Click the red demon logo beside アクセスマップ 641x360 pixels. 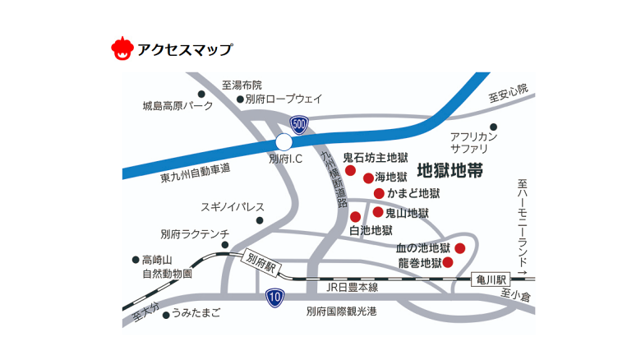122,48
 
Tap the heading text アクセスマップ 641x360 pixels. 185,49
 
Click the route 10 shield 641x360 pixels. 275,297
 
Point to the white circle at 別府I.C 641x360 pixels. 284,142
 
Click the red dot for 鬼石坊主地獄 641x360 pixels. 350,171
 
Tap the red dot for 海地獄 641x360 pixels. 368,178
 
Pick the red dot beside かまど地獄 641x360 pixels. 379,193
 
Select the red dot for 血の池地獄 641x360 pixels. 460,248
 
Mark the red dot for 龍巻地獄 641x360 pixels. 449,263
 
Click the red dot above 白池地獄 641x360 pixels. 355,217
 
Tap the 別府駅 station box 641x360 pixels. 263,264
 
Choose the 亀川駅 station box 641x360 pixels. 492,280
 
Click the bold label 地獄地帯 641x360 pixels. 450,172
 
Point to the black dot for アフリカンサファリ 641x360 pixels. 494,127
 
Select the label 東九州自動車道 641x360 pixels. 195,170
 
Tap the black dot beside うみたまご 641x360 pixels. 166,314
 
